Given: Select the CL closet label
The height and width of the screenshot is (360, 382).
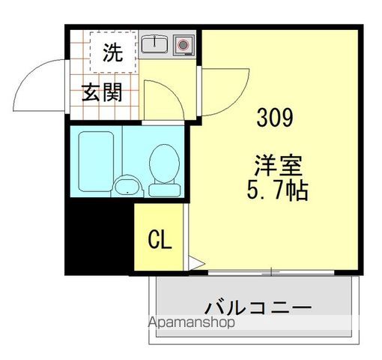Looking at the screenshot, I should (x=160, y=240).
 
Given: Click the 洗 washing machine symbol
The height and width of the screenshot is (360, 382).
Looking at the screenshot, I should (x=112, y=52).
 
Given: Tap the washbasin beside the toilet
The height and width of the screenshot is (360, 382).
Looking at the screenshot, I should (x=126, y=185).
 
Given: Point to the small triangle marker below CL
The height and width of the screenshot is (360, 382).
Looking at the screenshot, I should (x=192, y=264).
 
